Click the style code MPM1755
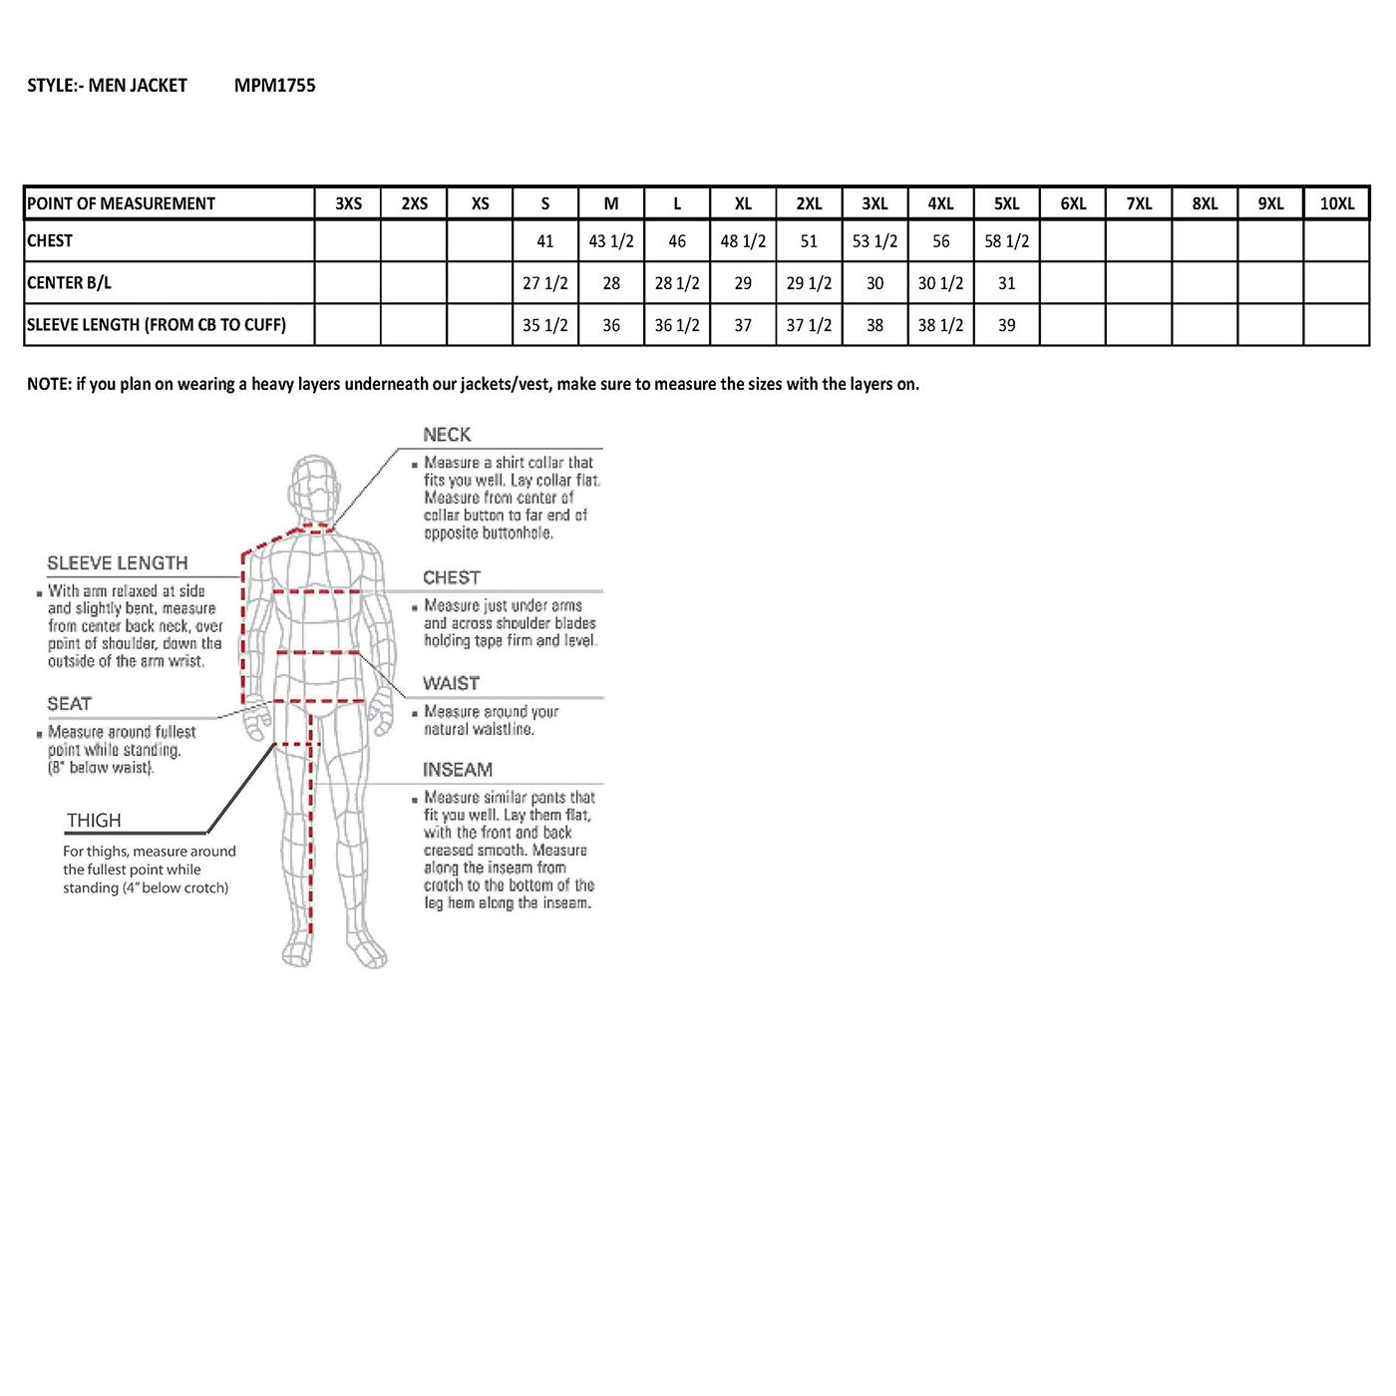pos(274,86)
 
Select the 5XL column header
pos(1006,203)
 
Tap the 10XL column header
pos(1336,203)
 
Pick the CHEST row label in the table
pos(50,240)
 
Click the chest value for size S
pos(544,241)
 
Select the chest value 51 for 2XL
pos(809,241)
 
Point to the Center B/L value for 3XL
pos(874,283)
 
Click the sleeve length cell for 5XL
pos(1006,325)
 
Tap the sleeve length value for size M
pos(611,325)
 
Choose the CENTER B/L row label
pos(69,283)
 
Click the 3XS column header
pos(348,203)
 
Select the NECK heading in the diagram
pos(447,435)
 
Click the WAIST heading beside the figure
pos(451,683)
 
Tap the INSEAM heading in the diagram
pos(457,770)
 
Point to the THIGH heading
pos(94,821)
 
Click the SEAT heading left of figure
pos(69,704)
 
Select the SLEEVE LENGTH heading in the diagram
pos(117,563)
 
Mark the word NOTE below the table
pos(48,384)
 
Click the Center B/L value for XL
pos(743,283)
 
